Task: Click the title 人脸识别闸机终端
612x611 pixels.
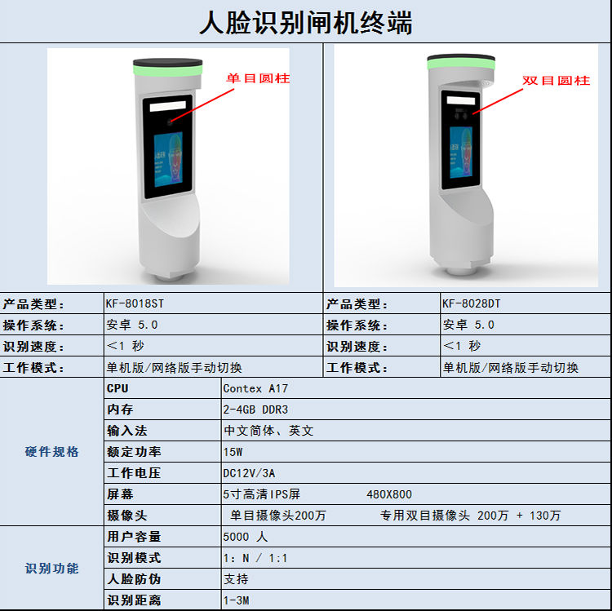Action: pyautogui.click(x=306, y=23)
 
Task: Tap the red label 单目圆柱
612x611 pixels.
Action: pyautogui.click(x=258, y=78)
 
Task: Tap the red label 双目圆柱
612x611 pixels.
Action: pyautogui.click(x=557, y=81)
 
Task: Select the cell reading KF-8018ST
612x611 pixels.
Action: pyautogui.click(x=135, y=303)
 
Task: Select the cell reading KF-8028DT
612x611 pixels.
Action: pyautogui.click(x=471, y=303)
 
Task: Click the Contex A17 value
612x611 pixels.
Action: pyautogui.click(x=255, y=388)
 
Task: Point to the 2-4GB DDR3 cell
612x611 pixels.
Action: pyautogui.click(x=255, y=410)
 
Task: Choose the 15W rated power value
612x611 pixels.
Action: pyautogui.click(x=233, y=452)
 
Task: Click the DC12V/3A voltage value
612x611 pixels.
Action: pyautogui.click(x=249, y=473)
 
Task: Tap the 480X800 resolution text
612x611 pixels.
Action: pyautogui.click(x=389, y=494)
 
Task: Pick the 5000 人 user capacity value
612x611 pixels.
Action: pyautogui.click(x=246, y=537)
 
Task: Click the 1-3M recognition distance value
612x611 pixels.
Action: pyautogui.click(x=236, y=600)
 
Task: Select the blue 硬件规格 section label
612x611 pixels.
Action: pyautogui.click(x=52, y=452)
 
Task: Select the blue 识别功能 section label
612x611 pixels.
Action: pyautogui.click(x=52, y=569)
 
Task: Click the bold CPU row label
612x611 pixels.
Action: pyautogui.click(x=118, y=388)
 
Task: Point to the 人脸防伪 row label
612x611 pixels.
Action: pyautogui.click(x=134, y=579)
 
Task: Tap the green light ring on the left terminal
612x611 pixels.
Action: pyautogui.click(x=168, y=71)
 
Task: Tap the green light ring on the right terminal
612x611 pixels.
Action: pyautogui.click(x=461, y=64)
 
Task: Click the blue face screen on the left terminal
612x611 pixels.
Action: pyautogui.click(x=169, y=160)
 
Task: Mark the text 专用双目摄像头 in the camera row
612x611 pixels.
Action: pyautogui.click(x=425, y=516)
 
